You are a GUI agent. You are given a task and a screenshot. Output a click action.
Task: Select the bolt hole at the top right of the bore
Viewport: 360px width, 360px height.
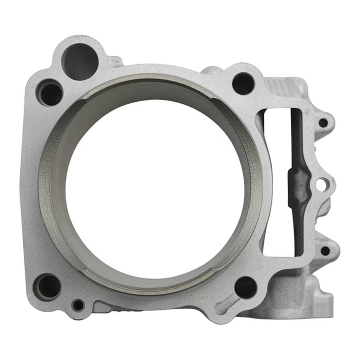point(243,83)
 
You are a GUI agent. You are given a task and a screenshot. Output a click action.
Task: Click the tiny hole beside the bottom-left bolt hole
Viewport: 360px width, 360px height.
point(78,304)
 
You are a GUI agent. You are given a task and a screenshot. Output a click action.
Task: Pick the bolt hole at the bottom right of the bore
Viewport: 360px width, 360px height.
point(245,287)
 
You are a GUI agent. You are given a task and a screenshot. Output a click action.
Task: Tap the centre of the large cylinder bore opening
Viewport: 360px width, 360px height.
point(155,185)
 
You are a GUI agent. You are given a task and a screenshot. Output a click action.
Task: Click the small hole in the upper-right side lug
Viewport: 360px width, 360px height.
point(323,122)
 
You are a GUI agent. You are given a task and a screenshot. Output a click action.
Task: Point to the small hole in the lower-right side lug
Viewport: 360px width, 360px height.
point(325,250)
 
